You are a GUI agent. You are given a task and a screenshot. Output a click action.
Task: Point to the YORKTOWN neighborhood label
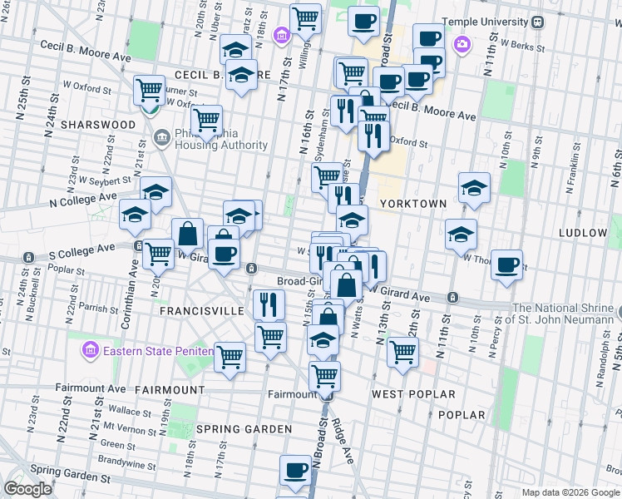click(x=413, y=203)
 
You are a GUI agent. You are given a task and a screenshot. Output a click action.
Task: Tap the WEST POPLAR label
click(x=413, y=393)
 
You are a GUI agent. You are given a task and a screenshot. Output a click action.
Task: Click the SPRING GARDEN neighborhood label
click(x=244, y=429)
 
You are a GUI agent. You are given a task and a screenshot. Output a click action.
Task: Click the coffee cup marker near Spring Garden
click(x=295, y=470)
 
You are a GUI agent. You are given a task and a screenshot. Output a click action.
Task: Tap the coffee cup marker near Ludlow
click(x=506, y=265)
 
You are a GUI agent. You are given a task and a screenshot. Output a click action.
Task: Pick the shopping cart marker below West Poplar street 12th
click(x=403, y=351)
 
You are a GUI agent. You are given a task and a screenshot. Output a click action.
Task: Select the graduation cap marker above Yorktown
click(x=474, y=187)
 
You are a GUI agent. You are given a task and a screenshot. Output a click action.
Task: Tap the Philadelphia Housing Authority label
click(x=222, y=140)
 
